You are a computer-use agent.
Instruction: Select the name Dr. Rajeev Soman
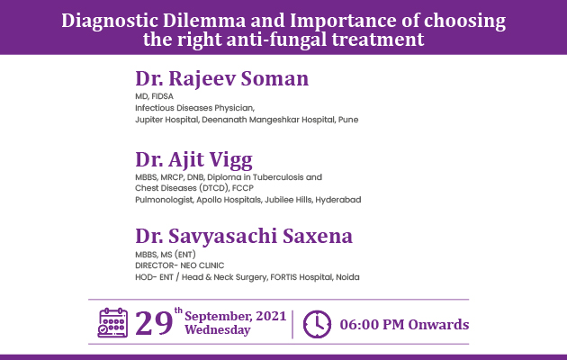[x=222, y=79]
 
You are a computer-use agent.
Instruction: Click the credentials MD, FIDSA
[x=155, y=96]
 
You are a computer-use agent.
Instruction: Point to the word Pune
[x=348, y=120]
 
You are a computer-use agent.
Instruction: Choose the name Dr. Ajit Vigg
[x=193, y=160]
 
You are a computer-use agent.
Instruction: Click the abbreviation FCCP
[x=243, y=188]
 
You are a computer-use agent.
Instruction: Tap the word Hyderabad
[x=338, y=200]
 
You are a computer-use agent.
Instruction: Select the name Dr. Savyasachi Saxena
[x=244, y=237]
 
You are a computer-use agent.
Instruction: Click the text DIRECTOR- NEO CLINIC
[x=180, y=265]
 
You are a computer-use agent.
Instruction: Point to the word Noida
[x=347, y=277]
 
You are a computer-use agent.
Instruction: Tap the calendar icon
[x=112, y=323]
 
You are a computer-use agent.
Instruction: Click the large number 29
[x=154, y=323]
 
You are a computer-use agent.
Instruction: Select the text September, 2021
[x=236, y=316]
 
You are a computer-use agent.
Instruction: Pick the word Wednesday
[x=218, y=330]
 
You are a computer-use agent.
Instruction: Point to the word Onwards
[x=438, y=325]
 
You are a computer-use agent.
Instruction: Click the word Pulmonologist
[x=164, y=200]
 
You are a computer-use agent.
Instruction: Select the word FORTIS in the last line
[x=283, y=277]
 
